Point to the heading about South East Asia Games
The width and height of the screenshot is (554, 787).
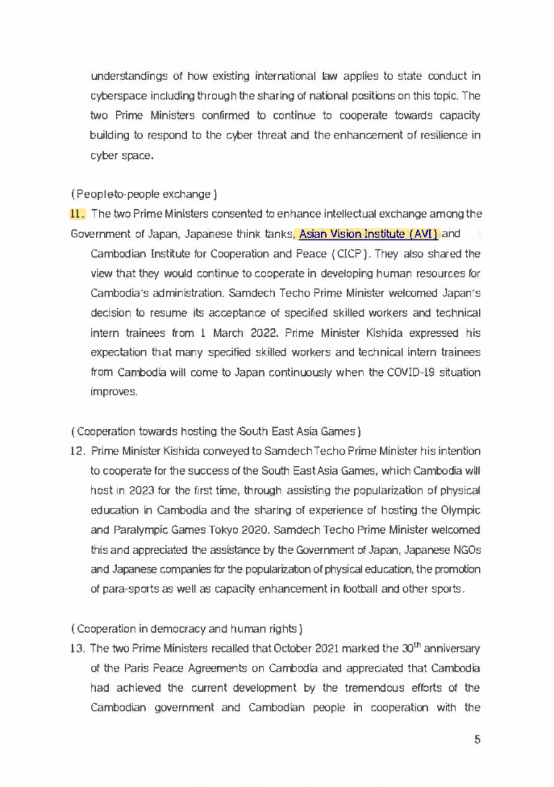[216, 432]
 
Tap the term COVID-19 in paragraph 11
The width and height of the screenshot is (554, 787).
[410, 372]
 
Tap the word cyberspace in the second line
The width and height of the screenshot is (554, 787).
[116, 95]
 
